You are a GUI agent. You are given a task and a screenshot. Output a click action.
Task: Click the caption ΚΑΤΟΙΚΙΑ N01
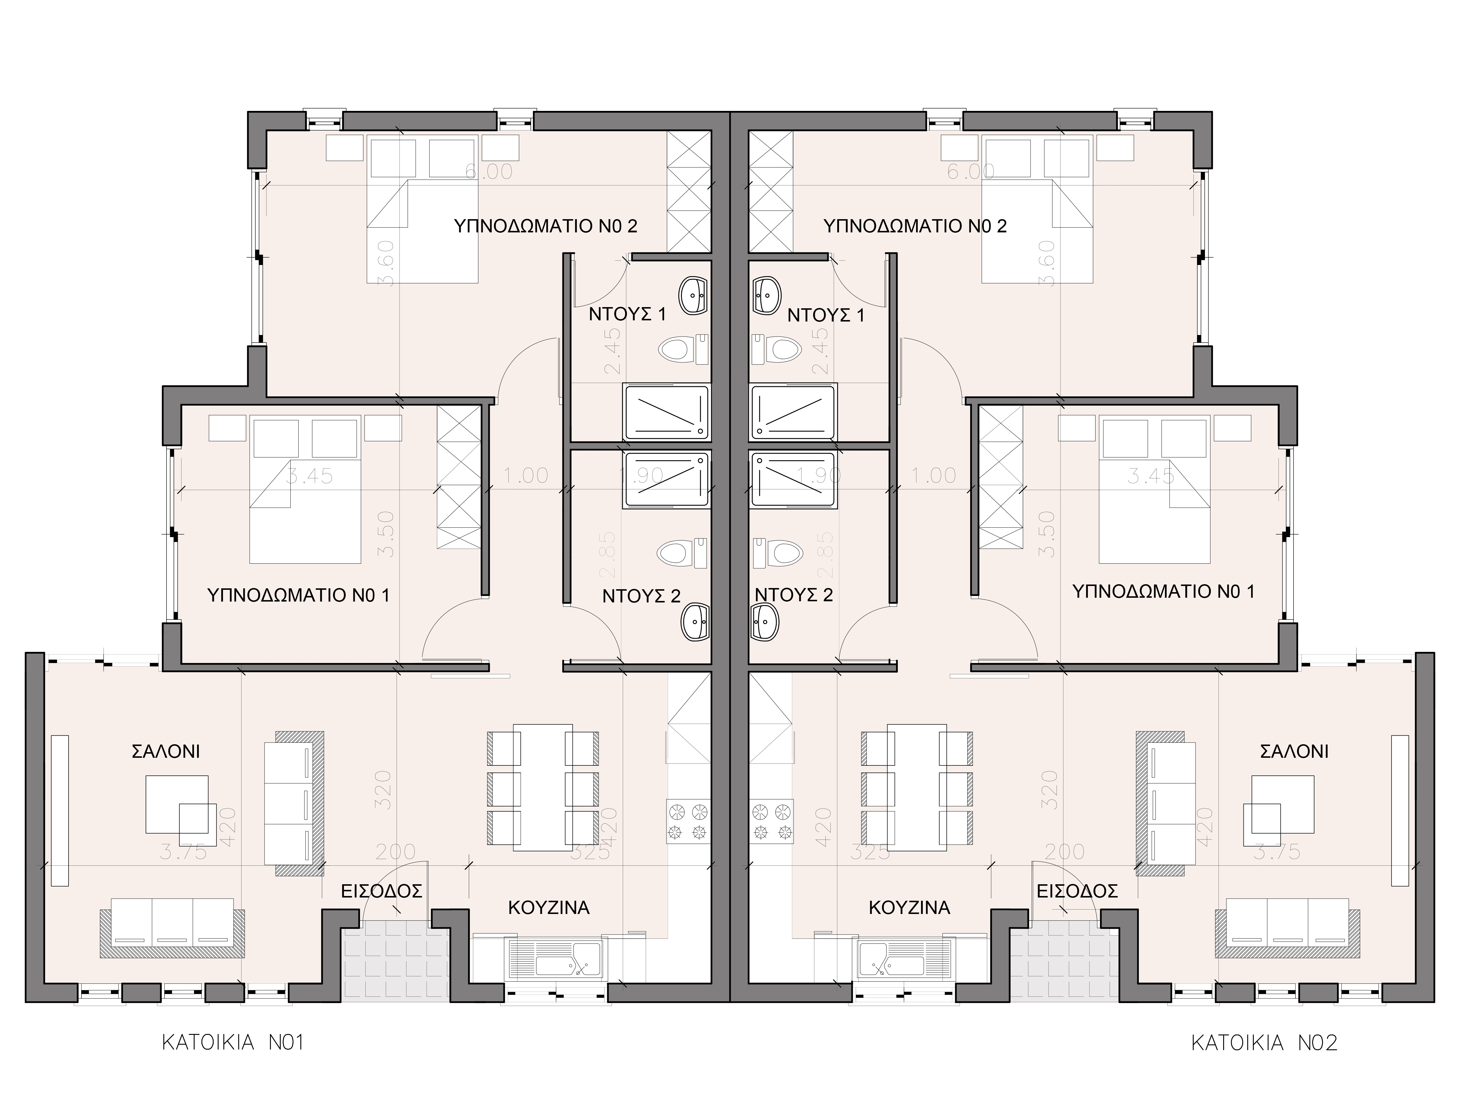pyautogui.click(x=232, y=1043)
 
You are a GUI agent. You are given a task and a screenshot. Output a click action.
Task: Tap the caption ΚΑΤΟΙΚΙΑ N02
pyautogui.click(x=1264, y=1043)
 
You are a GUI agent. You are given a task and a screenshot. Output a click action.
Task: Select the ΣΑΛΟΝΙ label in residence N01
pyautogui.click(x=166, y=751)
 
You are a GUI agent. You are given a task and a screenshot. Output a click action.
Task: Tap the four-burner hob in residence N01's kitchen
pyautogui.click(x=688, y=821)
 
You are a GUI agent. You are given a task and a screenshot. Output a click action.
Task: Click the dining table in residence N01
pyautogui.click(x=542, y=787)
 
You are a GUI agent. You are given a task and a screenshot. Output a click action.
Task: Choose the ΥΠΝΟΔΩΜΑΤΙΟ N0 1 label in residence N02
pyautogui.click(x=1163, y=591)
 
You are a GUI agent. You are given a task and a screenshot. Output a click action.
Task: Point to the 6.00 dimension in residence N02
pyautogui.click(x=970, y=171)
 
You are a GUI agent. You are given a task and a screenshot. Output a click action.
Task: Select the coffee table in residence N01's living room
pyautogui.click(x=177, y=804)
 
